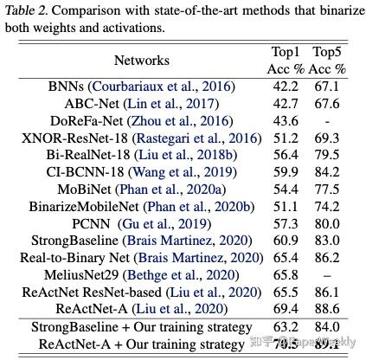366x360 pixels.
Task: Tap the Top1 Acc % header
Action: coord(286,60)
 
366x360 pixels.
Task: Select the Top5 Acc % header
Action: coord(329,60)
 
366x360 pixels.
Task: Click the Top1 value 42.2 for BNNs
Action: coord(286,87)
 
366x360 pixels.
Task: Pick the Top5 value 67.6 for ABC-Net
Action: coord(329,104)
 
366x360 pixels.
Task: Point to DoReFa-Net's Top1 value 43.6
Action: coord(286,120)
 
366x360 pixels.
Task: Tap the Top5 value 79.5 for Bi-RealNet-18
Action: coord(329,154)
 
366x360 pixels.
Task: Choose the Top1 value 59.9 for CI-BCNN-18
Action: coord(286,170)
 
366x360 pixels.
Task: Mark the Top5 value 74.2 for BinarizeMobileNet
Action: coord(329,205)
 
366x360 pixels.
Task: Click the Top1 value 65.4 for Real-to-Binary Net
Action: coord(286,256)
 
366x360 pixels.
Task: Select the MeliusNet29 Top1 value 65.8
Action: coord(286,273)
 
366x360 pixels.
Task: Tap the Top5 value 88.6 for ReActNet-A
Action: coord(329,307)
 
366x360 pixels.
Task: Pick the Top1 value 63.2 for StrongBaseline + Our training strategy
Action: coord(286,326)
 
